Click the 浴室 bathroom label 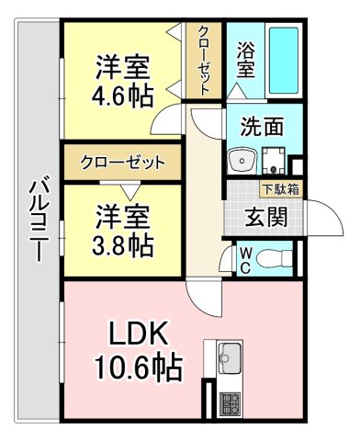pos(245,60)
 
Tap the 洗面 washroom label pos(262,127)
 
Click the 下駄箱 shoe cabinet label pos(279,190)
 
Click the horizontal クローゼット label pos(122,163)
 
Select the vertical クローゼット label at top pos(203,60)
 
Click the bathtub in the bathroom pos(284,59)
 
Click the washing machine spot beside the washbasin pos(275,160)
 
